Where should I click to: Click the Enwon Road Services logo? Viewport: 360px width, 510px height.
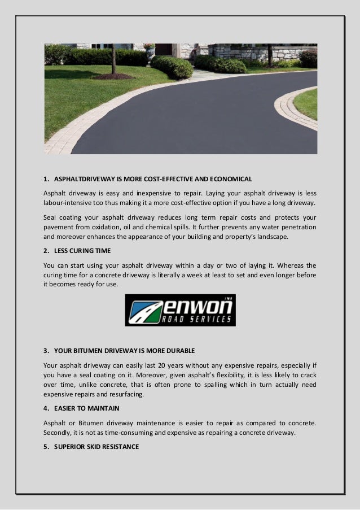(x=180, y=310)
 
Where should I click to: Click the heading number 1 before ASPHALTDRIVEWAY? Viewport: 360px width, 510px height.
(x=46, y=180)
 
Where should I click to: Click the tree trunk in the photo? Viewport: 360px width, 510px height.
(x=113, y=59)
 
